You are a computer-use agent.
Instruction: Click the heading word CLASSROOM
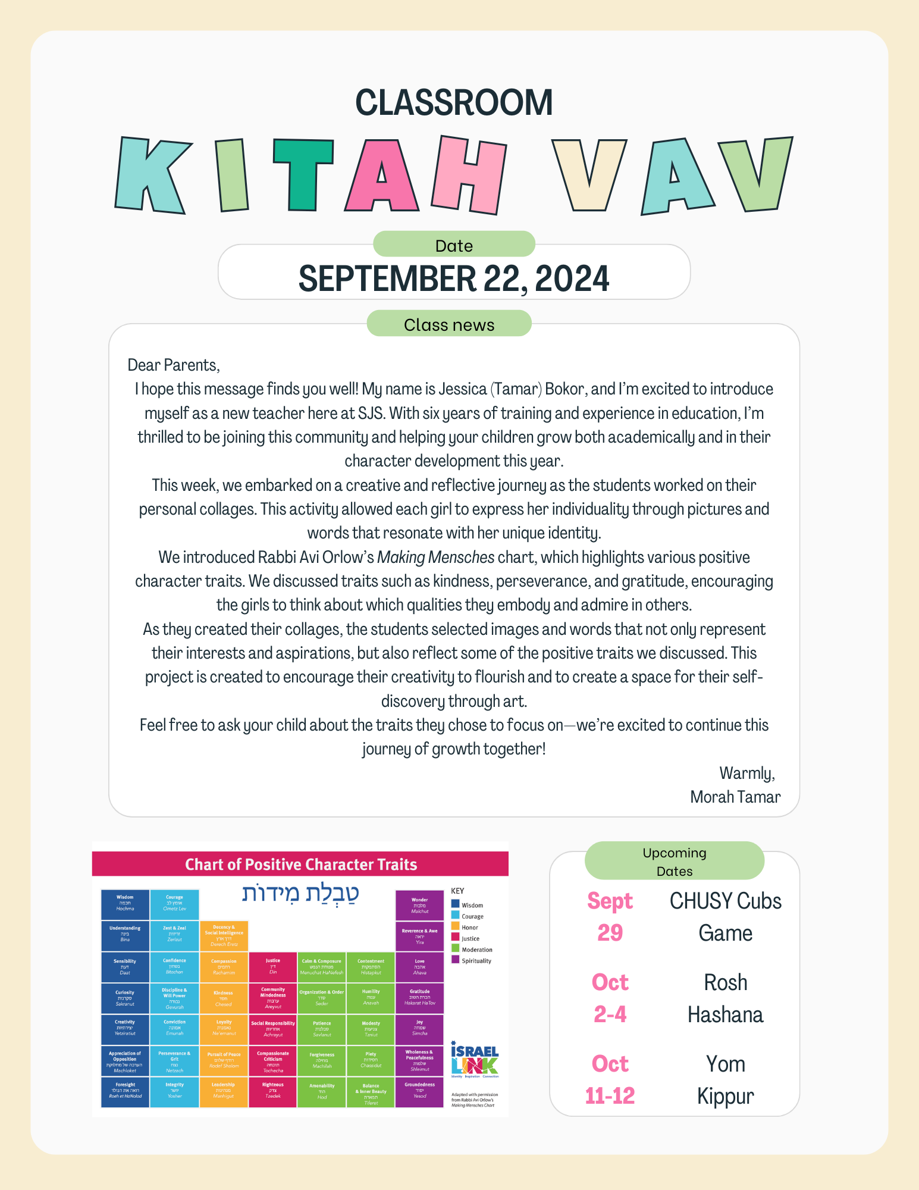coord(454,102)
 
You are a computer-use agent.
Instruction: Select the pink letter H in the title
coord(470,174)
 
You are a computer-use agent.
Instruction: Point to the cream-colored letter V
coord(588,175)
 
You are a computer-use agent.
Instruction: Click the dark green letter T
coord(303,174)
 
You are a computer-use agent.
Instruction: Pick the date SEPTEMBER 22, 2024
coord(454,278)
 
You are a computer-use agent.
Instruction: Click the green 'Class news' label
coord(449,324)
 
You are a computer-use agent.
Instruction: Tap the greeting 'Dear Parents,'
coord(174,365)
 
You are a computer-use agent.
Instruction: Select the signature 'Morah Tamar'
coord(735,797)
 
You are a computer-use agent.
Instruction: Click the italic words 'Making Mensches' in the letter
coord(435,558)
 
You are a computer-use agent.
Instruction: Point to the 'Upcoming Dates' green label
coord(674,861)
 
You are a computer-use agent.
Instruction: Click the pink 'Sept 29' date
coord(610,916)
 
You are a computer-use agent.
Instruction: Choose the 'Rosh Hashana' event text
coord(725,998)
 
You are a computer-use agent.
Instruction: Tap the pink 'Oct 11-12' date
coord(610,1079)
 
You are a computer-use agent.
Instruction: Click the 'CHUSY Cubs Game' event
coord(725,916)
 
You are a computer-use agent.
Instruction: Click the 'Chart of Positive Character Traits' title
coord(301,864)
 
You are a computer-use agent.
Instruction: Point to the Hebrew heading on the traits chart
coord(300,894)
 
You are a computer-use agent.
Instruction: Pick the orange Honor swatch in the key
coord(455,927)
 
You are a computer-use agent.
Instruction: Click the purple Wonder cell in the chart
coord(419,905)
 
